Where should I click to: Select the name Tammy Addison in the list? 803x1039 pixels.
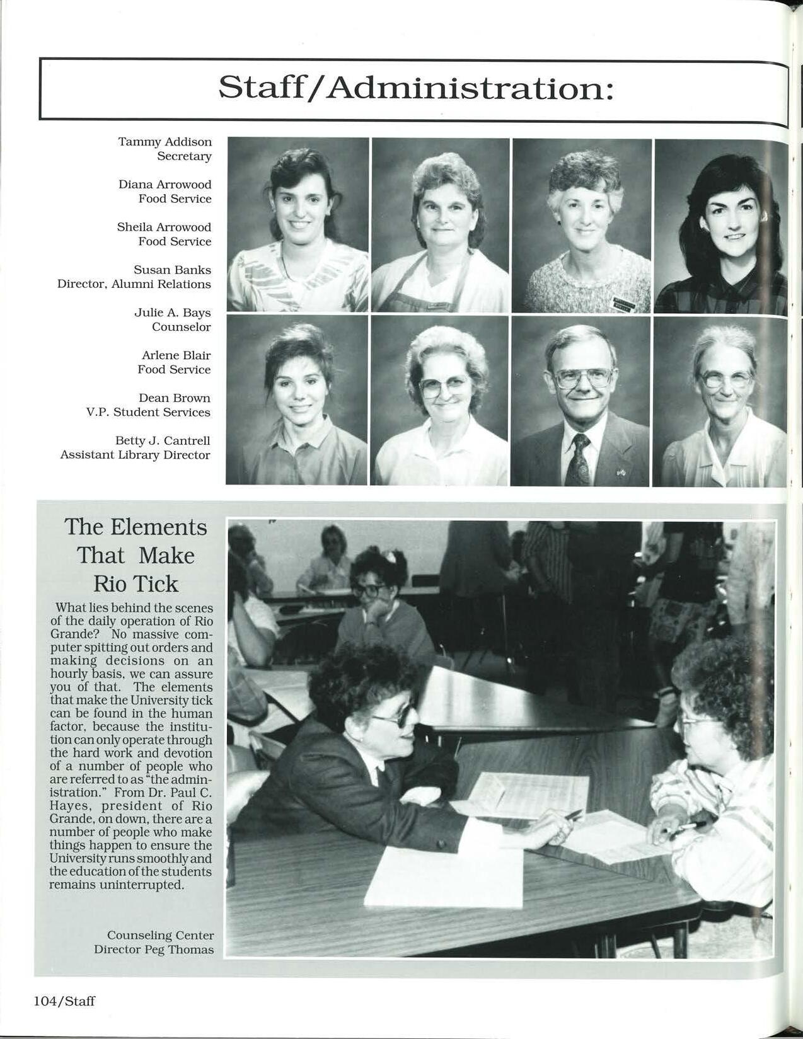click(x=165, y=142)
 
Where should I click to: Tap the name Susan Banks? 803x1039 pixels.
click(x=172, y=270)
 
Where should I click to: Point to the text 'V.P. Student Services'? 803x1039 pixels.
click(x=148, y=412)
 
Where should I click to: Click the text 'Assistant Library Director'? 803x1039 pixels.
click(x=135, y=455)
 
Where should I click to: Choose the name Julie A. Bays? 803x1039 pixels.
click(x=172, y=313)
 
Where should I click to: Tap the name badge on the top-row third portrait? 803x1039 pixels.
click(x=623, y=304)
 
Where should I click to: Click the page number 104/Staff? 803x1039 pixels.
click(x=64, y=1001)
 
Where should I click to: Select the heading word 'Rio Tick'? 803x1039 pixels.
click(x=136, y=583)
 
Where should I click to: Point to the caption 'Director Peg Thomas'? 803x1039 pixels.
click(x=154, y=950)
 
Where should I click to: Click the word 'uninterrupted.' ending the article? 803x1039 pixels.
click(x=149, y=885)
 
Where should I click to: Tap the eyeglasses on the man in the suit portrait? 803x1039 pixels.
click(x=583, y=378)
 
